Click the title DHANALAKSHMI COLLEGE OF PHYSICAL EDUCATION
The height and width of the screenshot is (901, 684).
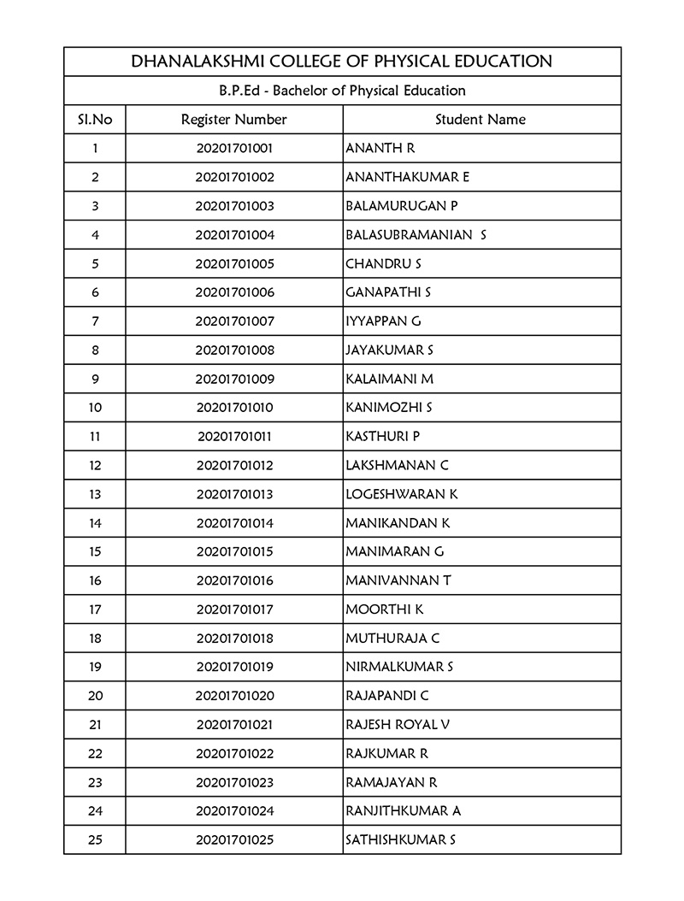click(342, 62)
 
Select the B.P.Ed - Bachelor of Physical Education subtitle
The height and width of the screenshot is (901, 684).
click(342, 91)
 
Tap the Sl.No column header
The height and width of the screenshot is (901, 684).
click(94, 120)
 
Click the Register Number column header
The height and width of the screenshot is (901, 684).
click(234, 120)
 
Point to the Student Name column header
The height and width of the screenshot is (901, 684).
click(481, 120)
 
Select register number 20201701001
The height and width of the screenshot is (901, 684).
click(234, 149)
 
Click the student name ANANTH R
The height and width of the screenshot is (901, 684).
click(380, 149)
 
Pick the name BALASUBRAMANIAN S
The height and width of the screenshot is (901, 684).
click(416, 235)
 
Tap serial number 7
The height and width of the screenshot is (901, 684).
click(95, 321)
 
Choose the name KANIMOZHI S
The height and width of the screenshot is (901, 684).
click(389, 408)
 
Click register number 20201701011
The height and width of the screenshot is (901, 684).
click(234, 437)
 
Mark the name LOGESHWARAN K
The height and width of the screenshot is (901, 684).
click(402, 494)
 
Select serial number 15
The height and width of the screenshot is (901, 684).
click(95, 552)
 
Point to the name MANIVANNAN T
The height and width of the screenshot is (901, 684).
click(398, 581)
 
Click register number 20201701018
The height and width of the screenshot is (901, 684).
click(234, 639)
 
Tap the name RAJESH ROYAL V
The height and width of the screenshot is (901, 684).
click(398, 725)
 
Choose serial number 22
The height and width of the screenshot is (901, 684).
click(95, 754)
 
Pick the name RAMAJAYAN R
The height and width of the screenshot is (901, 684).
click(392, 782)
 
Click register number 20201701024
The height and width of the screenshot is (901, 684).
click(234, 811)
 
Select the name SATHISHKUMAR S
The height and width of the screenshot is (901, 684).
click(400, 840)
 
